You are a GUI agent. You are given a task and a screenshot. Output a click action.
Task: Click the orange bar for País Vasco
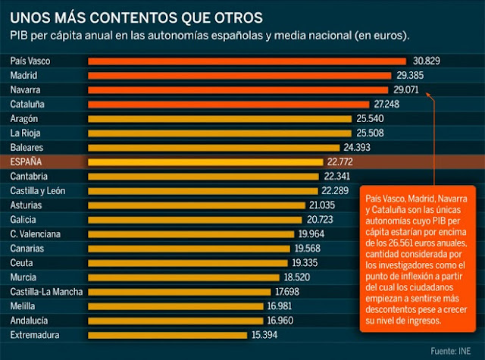[247, 61]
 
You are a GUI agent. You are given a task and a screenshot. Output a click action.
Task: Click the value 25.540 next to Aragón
[371, 118]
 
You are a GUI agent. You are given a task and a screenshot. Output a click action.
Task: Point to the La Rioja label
[26, 133]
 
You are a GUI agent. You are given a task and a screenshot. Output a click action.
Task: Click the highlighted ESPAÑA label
[27, 161]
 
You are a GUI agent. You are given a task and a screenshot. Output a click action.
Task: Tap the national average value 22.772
[343, 161]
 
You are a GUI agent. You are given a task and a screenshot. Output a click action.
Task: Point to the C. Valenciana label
[36, 233]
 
